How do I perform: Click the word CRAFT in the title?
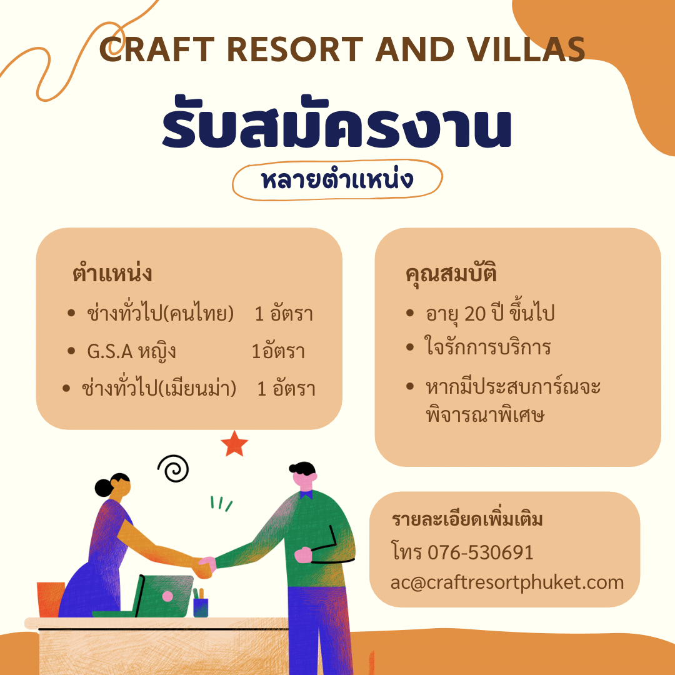(157, 49)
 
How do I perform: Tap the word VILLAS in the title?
(526, 49)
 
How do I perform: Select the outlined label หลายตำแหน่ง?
(337, 180)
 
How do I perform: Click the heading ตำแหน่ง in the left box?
(112, 273)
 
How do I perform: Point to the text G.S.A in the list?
(109, 351)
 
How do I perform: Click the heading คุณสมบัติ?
(451, 274)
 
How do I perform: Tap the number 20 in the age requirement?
(475, 313)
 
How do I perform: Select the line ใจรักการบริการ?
(487, 347)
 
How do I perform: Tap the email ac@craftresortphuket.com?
(507, 583)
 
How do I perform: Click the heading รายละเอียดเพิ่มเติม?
(467, 519)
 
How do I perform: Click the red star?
(234, 444)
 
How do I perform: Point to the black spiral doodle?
(173, 468)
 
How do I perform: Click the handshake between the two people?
(205, 567)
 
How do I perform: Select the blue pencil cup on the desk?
(201, 607)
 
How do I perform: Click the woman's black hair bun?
(104, 488)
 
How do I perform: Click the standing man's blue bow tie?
(306, 495)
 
